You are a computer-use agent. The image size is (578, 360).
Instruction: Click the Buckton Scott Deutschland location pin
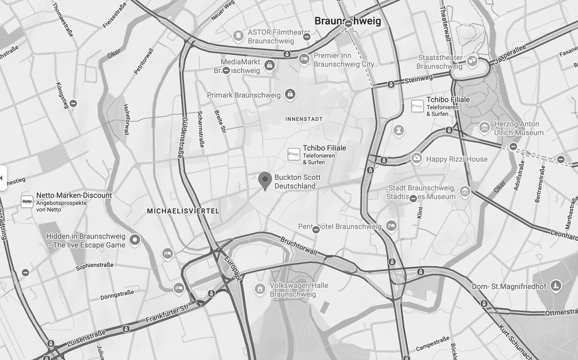[265, 181]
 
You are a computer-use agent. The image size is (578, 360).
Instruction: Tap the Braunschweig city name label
[348, 21]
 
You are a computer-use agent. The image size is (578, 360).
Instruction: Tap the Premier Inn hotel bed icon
[304, 59]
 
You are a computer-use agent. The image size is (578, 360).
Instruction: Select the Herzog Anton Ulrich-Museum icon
[484, 128]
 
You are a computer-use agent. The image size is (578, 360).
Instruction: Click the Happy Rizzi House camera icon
[416, 158]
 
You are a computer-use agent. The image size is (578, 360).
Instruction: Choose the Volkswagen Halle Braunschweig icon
[260, 289]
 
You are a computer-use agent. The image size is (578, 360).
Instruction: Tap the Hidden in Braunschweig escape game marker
[134, 241]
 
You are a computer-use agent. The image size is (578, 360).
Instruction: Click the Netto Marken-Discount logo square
[27, 202]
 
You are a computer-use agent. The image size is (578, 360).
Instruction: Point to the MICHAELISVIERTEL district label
[183, 211]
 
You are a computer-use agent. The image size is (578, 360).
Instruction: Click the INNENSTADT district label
[304, 119]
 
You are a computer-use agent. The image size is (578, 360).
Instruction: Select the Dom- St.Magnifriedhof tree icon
[555, 285]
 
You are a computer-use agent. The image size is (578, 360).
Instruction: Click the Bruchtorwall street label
[298, 246]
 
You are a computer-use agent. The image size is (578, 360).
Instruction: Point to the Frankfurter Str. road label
[168, 314]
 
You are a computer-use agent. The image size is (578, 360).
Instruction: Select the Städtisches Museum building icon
[465, 191]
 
